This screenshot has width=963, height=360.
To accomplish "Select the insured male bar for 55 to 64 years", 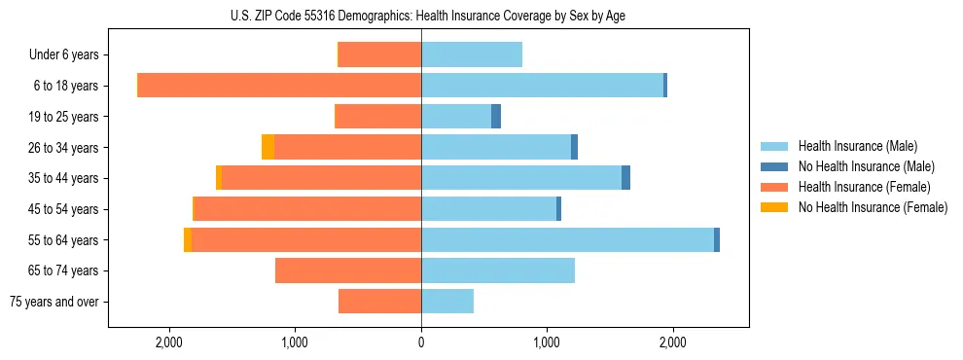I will click(567, 239).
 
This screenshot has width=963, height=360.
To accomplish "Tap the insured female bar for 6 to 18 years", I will click(279, 86).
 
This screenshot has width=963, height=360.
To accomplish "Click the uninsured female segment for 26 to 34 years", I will click(267, 147).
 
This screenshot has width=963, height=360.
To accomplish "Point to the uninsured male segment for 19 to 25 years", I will click(496, 117).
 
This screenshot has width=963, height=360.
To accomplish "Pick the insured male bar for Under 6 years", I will click(472, 54).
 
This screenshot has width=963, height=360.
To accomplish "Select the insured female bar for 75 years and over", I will click(379, 302).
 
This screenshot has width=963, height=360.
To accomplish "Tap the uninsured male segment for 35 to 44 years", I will click(625, 178).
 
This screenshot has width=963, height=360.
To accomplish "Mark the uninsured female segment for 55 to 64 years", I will click(188, 239).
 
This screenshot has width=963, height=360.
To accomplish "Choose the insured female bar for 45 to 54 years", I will click(307, 209).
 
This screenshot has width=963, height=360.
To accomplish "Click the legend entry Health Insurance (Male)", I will click(857, 146).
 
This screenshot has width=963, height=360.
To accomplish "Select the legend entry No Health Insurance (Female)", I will click(873, 207).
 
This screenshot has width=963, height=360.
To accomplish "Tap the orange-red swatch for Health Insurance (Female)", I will click(774, 187).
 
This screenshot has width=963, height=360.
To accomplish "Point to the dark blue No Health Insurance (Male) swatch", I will click(774, 166).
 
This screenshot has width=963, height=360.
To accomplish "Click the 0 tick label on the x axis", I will click(421, 342).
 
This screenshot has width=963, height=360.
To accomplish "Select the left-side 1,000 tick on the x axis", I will click(295, 342).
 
